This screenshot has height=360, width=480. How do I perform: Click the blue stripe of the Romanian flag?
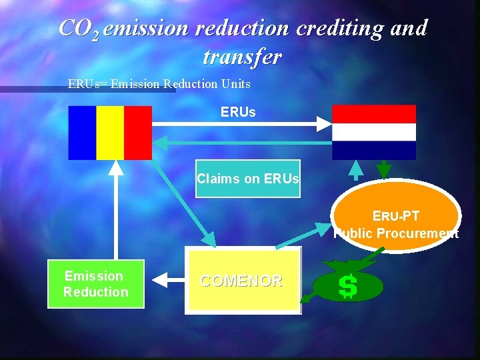(x=82, y=133)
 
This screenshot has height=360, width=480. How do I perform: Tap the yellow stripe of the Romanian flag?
(x=110, y=133)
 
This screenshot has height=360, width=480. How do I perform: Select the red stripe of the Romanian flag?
(x=138, y=133)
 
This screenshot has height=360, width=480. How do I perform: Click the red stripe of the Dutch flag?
(x=374, y=114)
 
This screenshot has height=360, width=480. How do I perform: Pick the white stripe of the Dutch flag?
(x=374, y=132)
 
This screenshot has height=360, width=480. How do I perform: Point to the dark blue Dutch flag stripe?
(x=374, y=150)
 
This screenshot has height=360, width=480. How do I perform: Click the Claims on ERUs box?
(x=247, y=179)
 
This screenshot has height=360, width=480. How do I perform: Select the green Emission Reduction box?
(x=96, y=284)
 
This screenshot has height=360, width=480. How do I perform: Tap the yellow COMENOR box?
(x=242, y=281)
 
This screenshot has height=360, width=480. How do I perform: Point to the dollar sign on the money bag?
(x=347, y=286)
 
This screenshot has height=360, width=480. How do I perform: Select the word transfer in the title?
(x=242, y=57)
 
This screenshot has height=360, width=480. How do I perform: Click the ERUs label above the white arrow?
(x=238, y=112)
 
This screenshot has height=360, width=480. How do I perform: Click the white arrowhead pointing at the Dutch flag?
(x=323, y=123)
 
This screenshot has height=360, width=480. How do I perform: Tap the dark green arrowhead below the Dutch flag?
(x=384, y=171)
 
